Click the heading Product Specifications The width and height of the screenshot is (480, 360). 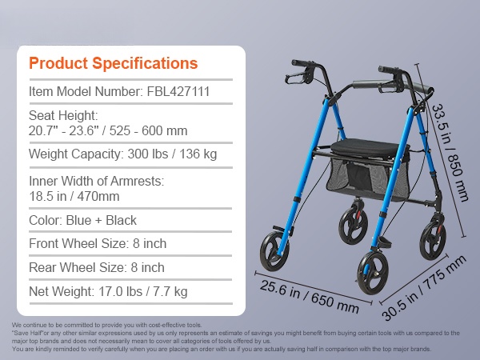[114, 64]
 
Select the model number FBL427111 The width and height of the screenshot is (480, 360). [178, 91]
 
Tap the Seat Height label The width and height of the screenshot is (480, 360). [63, 116]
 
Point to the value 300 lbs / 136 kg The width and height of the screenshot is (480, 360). [172, 154]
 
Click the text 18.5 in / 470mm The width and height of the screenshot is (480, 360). [74, 196]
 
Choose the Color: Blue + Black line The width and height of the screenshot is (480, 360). [82, 221]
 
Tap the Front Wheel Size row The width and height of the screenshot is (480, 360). [98, 244]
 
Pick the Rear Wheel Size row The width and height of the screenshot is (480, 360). [97, 267]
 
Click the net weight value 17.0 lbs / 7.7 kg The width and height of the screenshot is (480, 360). [143, 291]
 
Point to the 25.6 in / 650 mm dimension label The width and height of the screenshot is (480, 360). [310, 297]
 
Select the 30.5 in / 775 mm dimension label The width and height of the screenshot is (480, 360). [424, 288]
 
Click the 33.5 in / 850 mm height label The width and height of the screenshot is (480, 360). [450, 153]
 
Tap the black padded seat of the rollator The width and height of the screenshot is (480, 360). [362, 147]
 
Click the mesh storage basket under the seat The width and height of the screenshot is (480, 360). [368, 178]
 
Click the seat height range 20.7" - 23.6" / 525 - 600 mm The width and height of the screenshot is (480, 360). [108, 131]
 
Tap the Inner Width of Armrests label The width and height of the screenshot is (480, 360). [97, 182]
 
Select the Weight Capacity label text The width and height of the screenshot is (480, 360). [76, 154]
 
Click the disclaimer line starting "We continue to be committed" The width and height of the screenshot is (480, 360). [107, 325]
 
